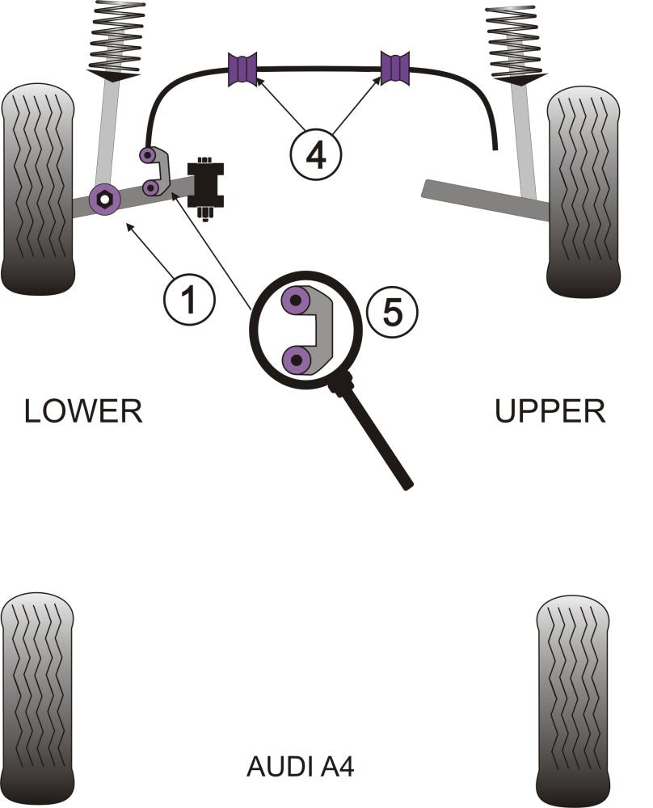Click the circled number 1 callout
coord(189,301)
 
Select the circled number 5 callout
coord(391,311)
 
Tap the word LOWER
coord(83,411)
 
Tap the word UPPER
coord(550,411)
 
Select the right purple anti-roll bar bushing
coord(394,67)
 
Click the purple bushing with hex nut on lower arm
coord(105,198)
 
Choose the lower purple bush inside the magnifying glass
coord(297,359)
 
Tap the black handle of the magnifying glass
coord(379,441)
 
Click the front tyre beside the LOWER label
coord(39,190)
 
